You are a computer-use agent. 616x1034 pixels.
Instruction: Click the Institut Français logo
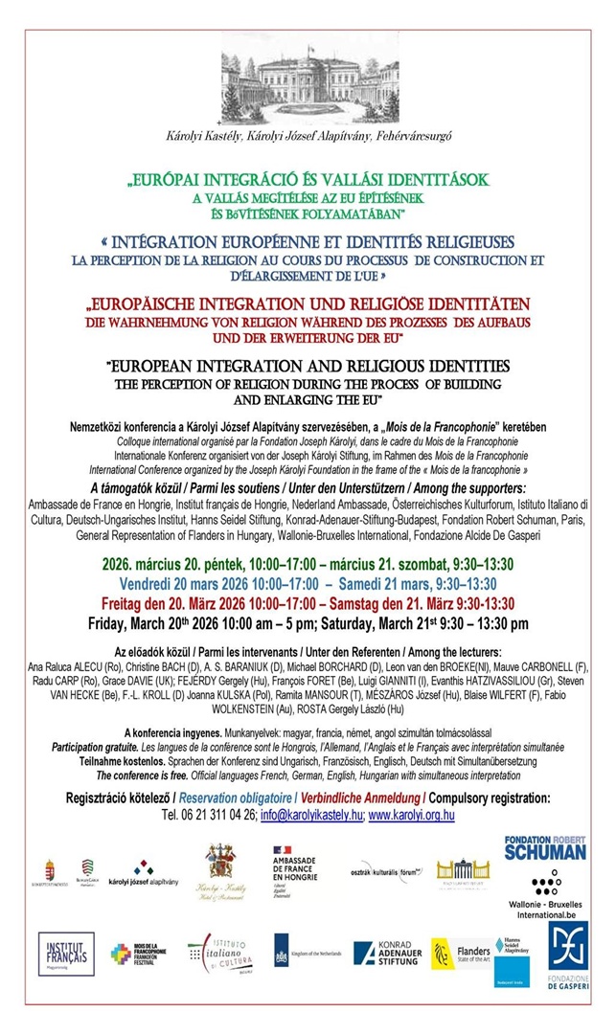click(66, 953)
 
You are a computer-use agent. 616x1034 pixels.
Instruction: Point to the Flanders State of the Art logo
click(459, 953)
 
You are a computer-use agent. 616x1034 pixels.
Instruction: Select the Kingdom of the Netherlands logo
click(308, 953)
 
